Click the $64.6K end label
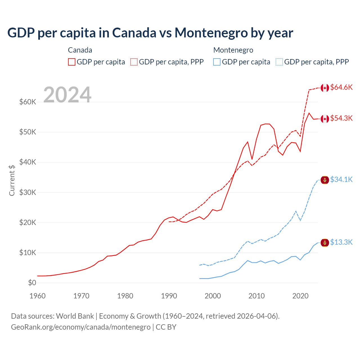pos(341,87)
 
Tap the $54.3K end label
pos(341,118)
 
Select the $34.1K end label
pos(341,180)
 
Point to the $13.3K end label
pos(341,242)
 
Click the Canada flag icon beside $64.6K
pos(325,88)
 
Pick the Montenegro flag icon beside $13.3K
pos(325,242)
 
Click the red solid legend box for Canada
pos(72,62)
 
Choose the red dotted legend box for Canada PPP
pos(134,62)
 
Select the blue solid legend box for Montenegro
pos(217,62)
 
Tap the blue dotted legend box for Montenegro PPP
pos(279,62)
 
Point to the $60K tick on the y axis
pos(28,102)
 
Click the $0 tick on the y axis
pos(32,283)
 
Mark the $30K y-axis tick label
pos(28,192)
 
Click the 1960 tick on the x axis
pos(37,296)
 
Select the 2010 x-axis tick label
pos(256,296)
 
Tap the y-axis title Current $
pos(12,180)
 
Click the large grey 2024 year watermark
pos(67,95)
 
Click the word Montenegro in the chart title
pos(211,33)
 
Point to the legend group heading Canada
pos(80,50)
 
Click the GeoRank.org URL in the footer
pos(81,327)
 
